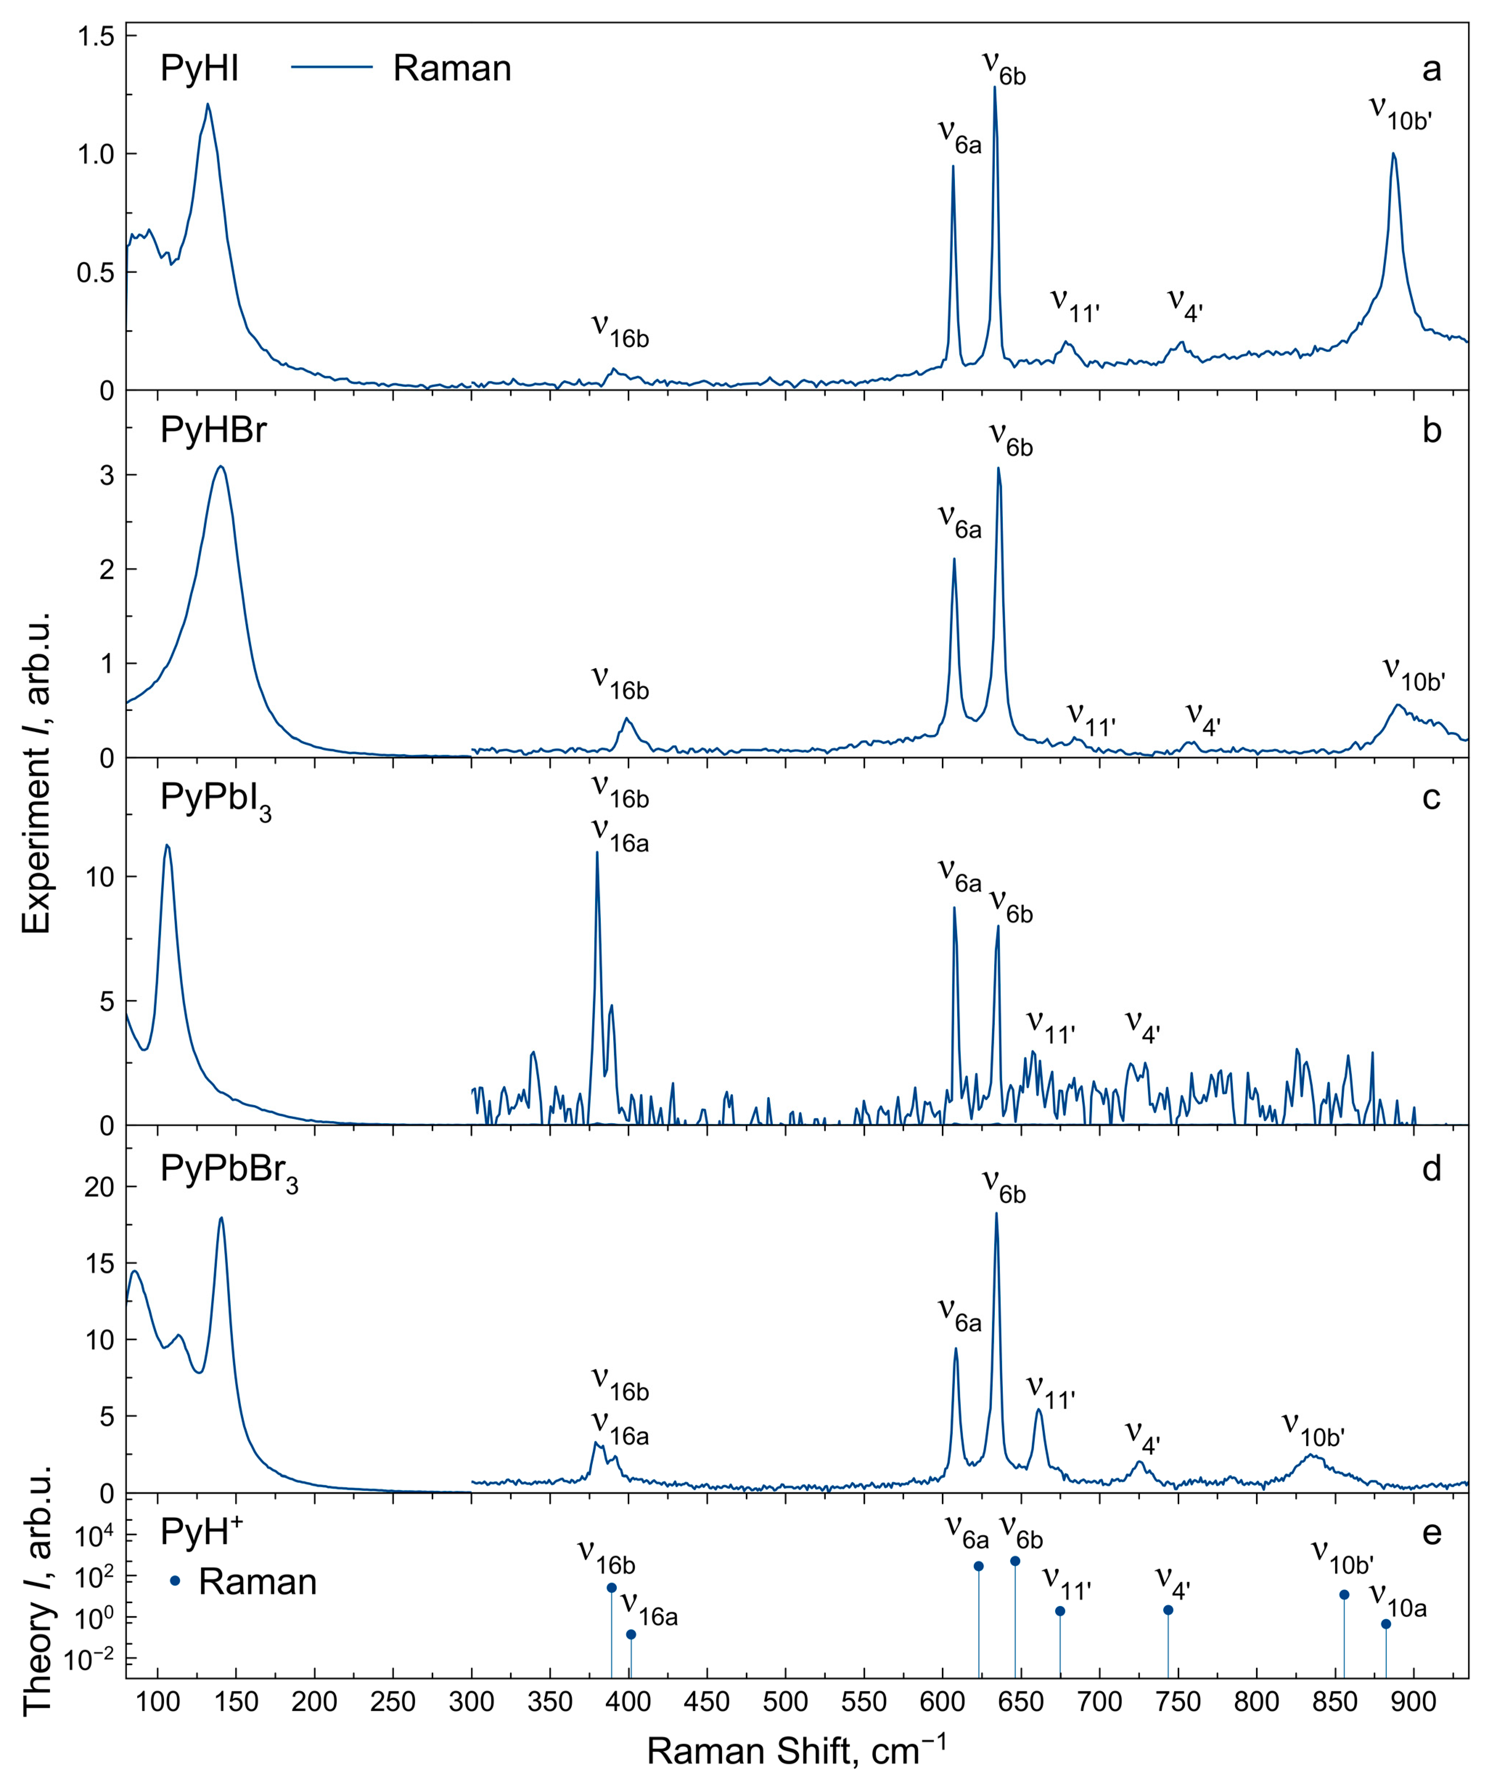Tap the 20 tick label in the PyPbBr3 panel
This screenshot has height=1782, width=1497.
pyautogui.click(x=99, y=1187)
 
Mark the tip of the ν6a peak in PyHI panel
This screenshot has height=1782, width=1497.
pyautogui.click(x=953, y=166)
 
